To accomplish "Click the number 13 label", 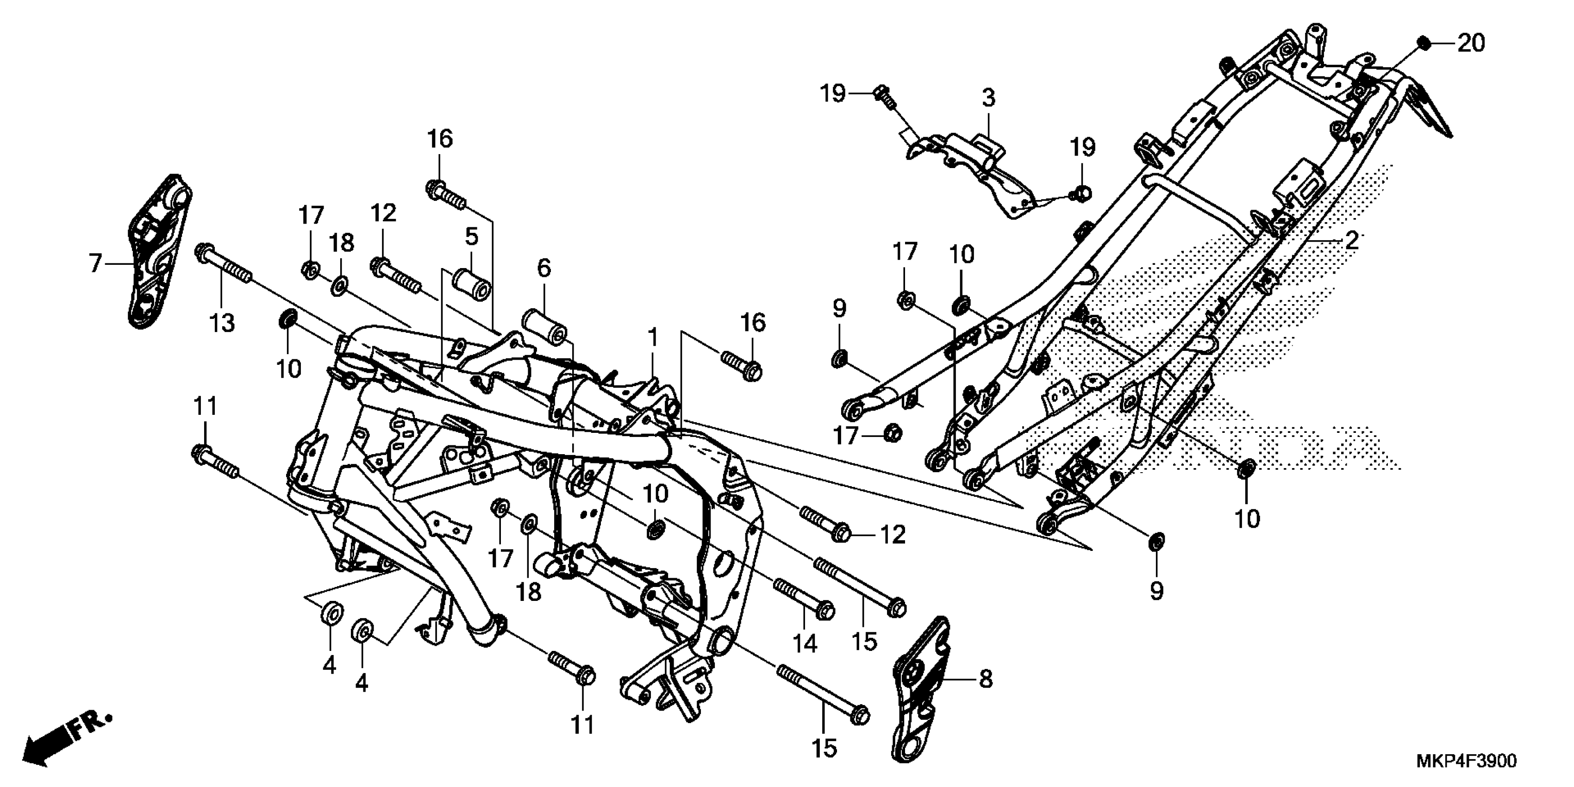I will pos(222,322).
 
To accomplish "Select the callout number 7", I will pos(95,263).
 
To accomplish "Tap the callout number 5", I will pos(471,237).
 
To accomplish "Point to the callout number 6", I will pos(544,267).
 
